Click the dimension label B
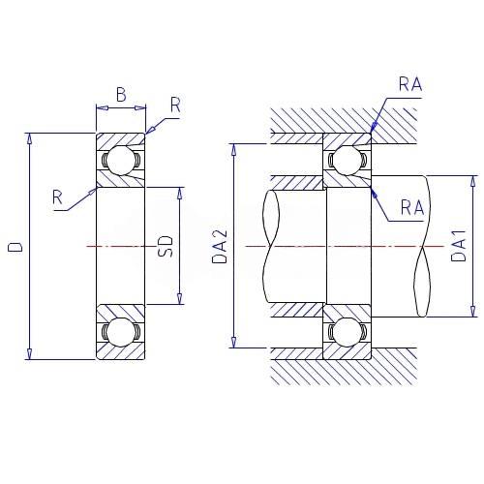tap(121, 95)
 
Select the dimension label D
tap(15, 247)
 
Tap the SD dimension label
tap(166, 247)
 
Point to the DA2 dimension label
tap(220, 247)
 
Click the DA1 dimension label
tap(459, 245)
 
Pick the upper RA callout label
tap(410, 84)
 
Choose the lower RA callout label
tap(412, 207)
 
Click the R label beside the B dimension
tap(175, 105)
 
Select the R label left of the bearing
tap(57, 197)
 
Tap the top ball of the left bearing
tap(121, 160)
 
